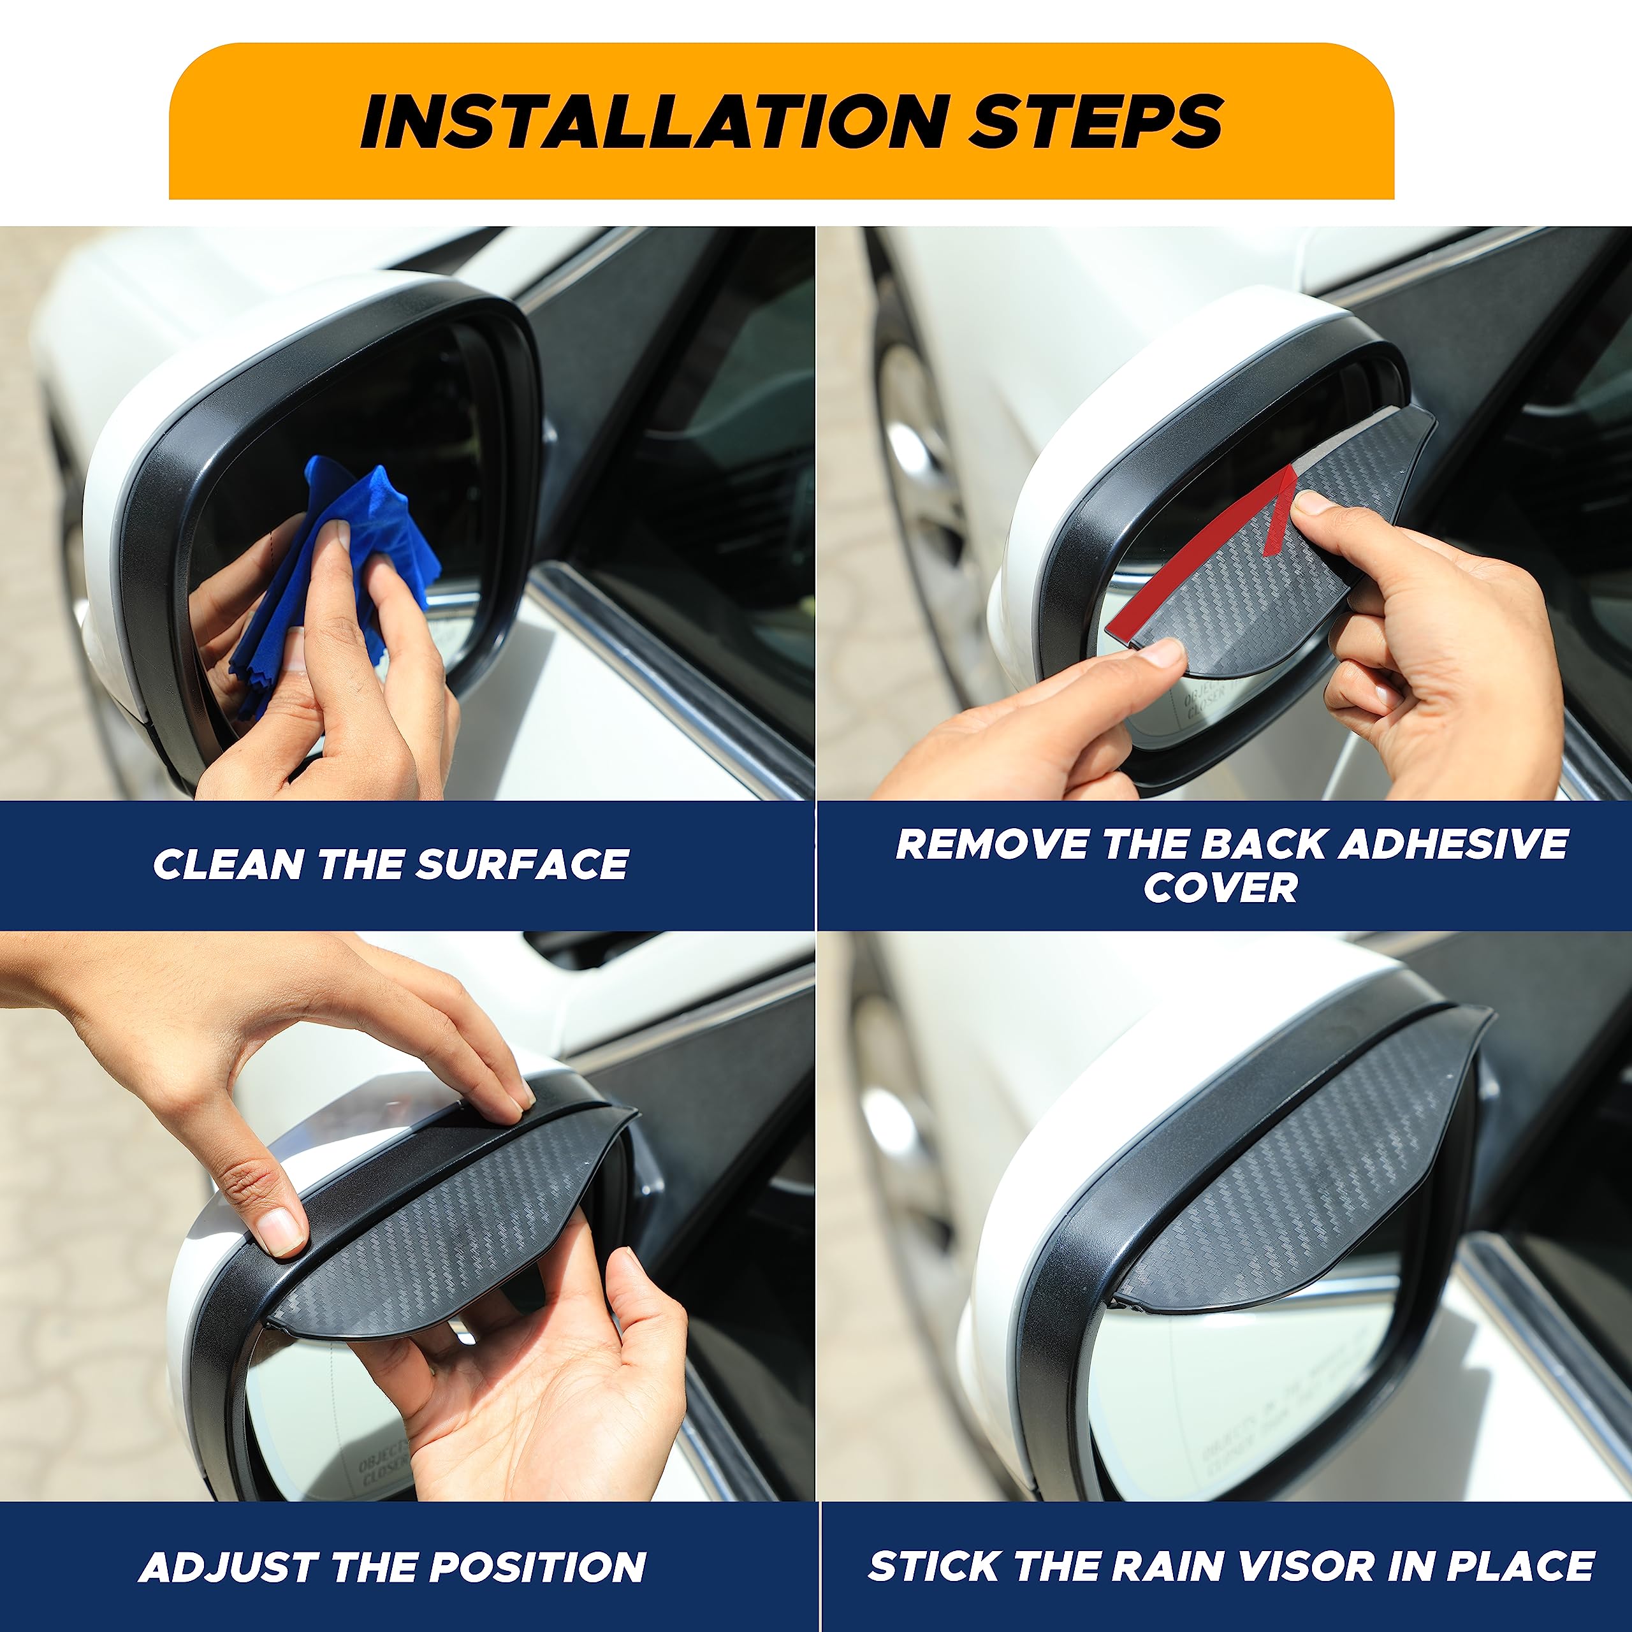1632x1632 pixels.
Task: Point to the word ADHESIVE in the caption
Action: tap(1453, 844)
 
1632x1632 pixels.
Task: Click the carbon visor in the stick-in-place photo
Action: tap(1318, 1183)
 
